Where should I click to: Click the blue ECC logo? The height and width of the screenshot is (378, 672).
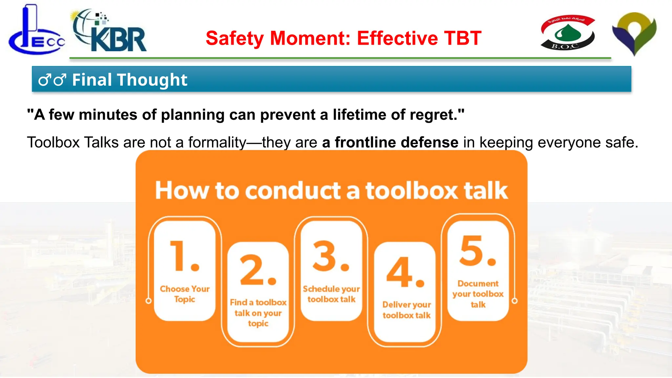36,33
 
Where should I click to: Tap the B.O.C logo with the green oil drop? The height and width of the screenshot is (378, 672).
567,32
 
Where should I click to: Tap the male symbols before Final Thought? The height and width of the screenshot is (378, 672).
52,80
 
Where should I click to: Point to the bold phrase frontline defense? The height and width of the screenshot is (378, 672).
390,142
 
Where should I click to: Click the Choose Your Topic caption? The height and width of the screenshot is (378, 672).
185,294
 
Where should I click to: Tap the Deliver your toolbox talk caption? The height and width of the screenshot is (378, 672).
407,310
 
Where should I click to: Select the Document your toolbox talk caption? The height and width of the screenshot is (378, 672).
478,294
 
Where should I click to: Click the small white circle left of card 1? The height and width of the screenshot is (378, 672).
149,301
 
